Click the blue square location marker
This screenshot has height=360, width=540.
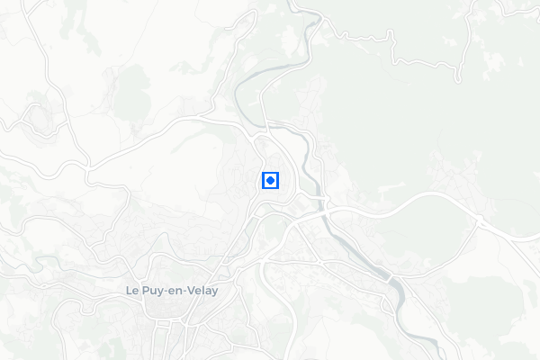tap(270, 180)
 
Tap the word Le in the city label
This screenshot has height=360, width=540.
tap(131, 291)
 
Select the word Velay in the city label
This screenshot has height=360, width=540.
tap(203, 291)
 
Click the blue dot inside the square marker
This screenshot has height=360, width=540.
tap(270, 180)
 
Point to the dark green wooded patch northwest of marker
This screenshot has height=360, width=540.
tap(133, 85)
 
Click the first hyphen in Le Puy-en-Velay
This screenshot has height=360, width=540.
tap(165, 292)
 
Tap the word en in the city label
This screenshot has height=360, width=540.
tap(175, 292)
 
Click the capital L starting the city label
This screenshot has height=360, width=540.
tap(129, 291)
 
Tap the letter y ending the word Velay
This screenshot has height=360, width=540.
tap(215, 292)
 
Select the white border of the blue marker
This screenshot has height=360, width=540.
tap(262, 180)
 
